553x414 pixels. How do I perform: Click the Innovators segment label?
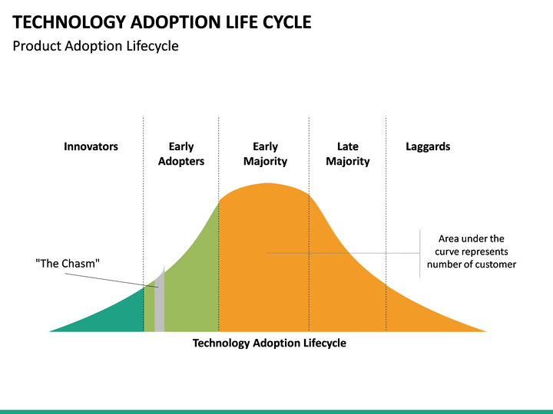[x=91, y=146]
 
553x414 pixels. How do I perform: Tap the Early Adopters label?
[x=181, y=154]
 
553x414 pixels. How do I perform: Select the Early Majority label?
[x=265, y=154]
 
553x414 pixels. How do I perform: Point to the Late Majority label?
[x=348, y=154]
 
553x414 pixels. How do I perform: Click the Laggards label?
[x=428, y=146]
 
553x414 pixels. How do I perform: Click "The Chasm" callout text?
[x=68, y=263]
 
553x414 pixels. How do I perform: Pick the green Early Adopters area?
[x=190, y=289]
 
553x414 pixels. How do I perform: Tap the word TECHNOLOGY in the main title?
[x=69, y=22]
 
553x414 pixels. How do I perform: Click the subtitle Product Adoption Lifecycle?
[x=95, y=46]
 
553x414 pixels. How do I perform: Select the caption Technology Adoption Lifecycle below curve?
[x=270, y=343]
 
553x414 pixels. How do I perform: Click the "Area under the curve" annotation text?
[x=472, y=251]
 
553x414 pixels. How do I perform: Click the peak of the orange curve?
[x=268, y=183]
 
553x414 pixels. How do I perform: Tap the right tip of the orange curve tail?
[x=486, y=331]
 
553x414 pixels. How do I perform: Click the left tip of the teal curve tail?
[x=49, y=331]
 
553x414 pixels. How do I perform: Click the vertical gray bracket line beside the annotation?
[x=419, y=254]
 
